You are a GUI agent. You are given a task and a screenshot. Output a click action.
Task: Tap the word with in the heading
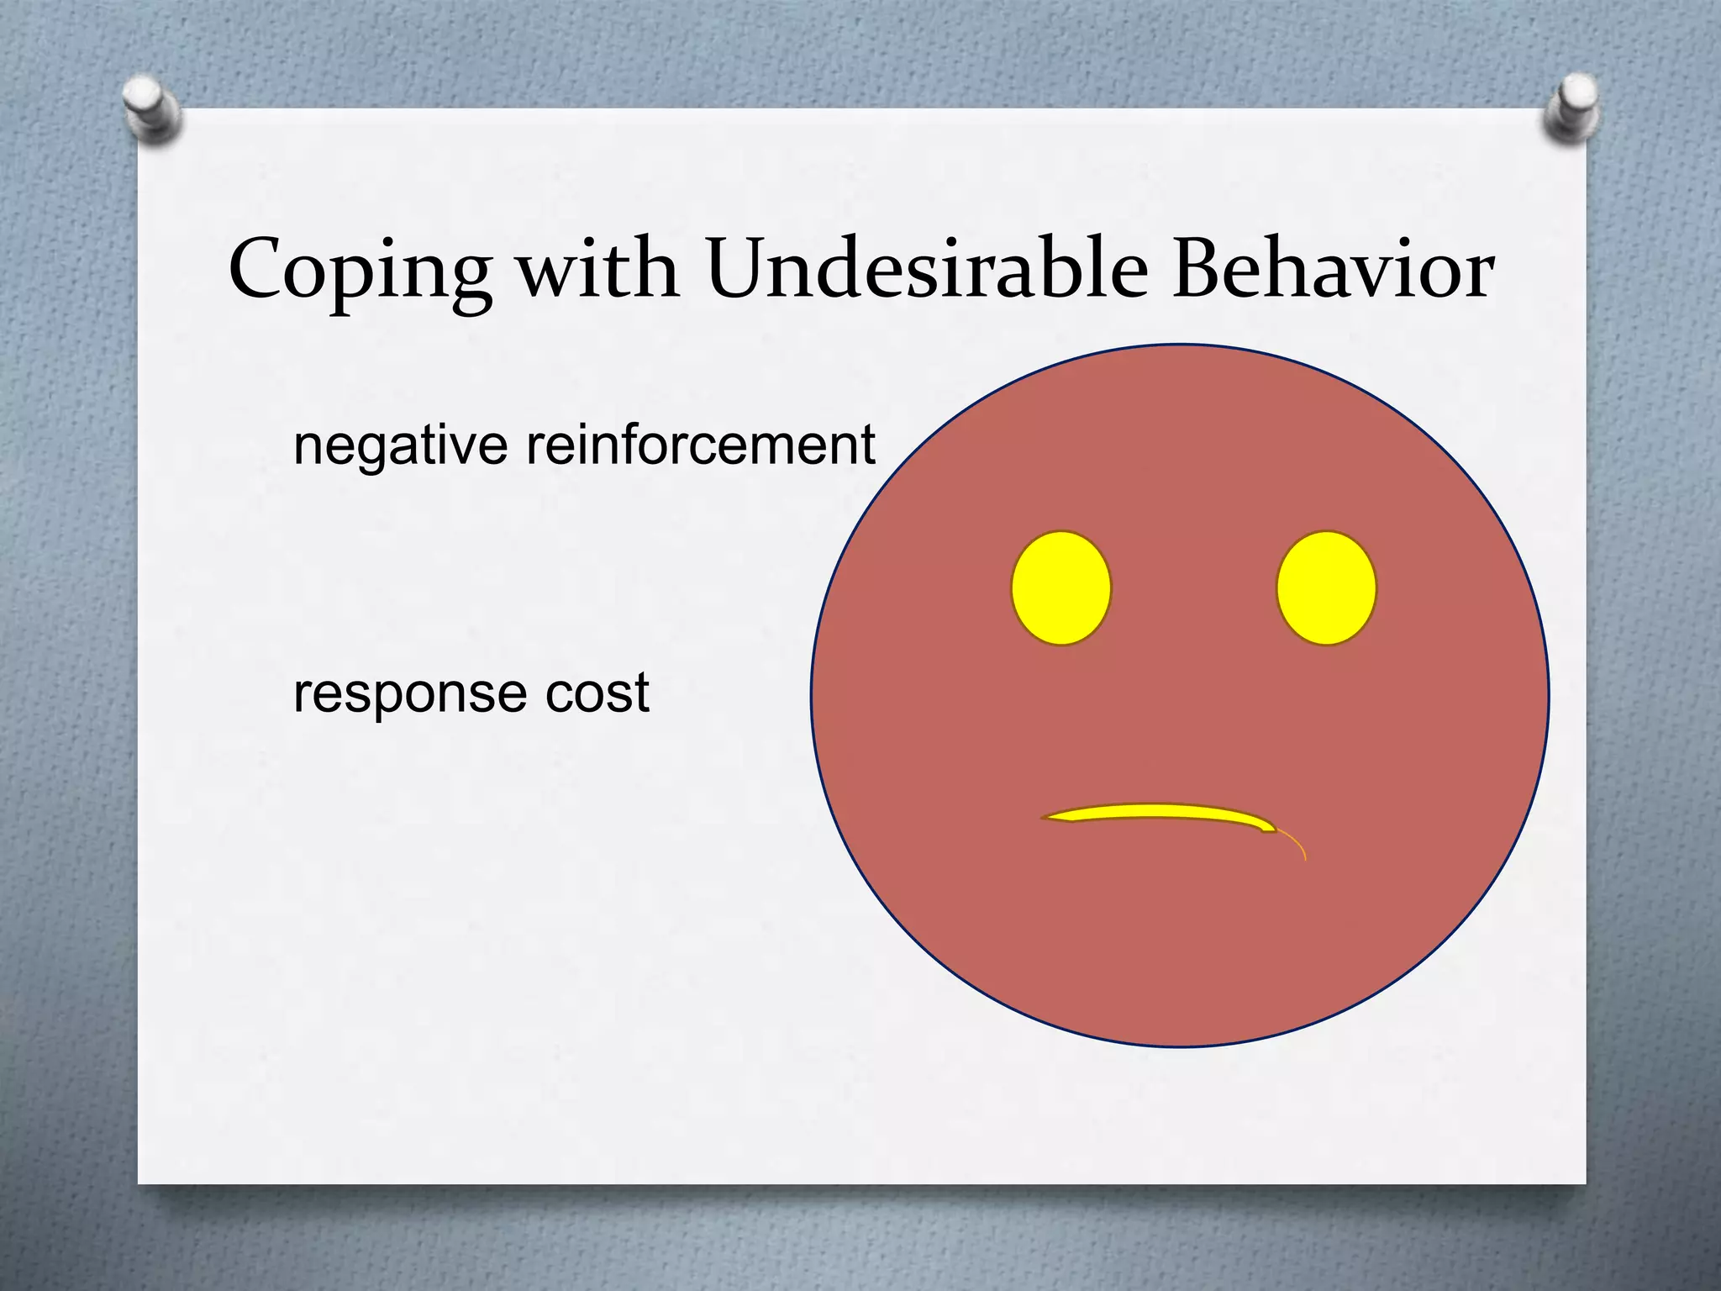coord(597,269)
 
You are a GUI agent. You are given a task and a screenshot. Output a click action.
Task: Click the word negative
coord(400,445)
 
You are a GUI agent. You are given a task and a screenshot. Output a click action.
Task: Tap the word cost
coord(597,693)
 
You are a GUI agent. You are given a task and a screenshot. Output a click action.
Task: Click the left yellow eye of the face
coord(1060,588)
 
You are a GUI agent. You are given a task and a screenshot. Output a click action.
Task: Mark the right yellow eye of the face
coord(1326,588)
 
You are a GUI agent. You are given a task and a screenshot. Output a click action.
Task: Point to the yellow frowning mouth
coord(1160,814)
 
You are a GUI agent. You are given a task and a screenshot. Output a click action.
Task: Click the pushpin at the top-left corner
coord(150,109)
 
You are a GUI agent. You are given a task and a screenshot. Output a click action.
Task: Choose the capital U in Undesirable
coord(743,269)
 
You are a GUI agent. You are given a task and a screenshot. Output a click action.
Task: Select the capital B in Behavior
coord(1198,269)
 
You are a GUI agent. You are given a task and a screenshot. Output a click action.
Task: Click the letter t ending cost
coord(641,693)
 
